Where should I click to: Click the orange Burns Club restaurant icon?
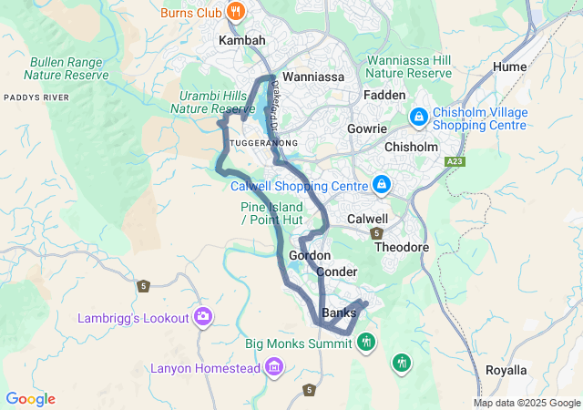point(236,12)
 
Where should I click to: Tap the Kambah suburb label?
point(241,41)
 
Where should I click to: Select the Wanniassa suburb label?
point(313,77)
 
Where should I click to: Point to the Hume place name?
point(509,67)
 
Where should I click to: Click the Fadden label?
point(384,95)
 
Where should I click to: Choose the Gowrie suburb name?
point(367,129)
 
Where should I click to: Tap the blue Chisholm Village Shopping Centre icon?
point(419,116)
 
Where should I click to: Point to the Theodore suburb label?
point(402,248)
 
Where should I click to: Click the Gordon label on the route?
point(309,256)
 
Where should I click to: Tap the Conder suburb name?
point(337,272)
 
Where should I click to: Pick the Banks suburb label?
point(339,313)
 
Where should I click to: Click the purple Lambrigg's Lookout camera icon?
point(202,317)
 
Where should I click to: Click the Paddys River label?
point(36,97)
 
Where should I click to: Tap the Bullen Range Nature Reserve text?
point(69,69)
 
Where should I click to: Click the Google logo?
point(30,399)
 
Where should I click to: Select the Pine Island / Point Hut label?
point(271,214)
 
